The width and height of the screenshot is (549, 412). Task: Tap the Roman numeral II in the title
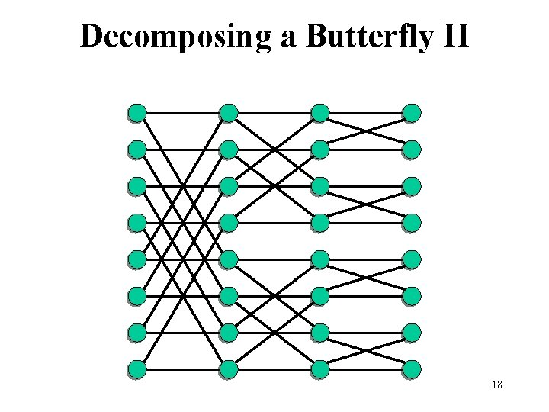(x=454, y=36)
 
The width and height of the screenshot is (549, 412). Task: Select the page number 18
(x=497, y=385)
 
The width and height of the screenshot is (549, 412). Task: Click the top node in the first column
(x=137, y=114)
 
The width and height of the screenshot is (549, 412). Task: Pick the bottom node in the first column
(x=137, y=369)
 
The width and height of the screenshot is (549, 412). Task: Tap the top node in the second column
(x=229, y=114)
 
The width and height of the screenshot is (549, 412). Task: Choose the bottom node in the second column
(x=229, y=369)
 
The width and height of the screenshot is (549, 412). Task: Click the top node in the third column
(x=320, y=114)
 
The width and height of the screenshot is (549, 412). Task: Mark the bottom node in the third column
(x=320, y=369)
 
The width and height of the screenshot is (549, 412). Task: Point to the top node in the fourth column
(x=412, y=114)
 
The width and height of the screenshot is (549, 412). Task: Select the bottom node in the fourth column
(x=412, y=369)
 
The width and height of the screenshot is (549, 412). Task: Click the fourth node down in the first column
(x=137, y=223)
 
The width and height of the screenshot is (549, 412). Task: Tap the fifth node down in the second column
(x=229, y=259)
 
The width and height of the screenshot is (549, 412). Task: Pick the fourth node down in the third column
(x=320, y=223)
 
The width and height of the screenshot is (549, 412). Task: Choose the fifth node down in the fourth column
(x=412, y=259)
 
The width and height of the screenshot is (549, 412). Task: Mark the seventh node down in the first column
(x=137, y=333)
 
